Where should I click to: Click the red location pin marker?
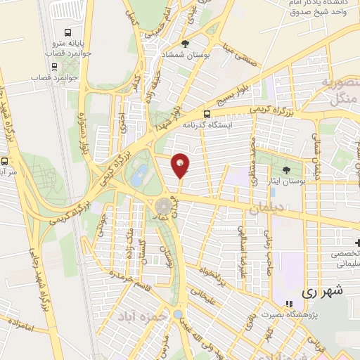coord(181,165)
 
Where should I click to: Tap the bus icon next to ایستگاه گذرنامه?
coord(206,114)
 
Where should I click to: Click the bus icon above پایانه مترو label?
coord(67,32)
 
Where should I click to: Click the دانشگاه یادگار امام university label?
coord(326,9)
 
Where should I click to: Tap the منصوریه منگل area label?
coord(335,91)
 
